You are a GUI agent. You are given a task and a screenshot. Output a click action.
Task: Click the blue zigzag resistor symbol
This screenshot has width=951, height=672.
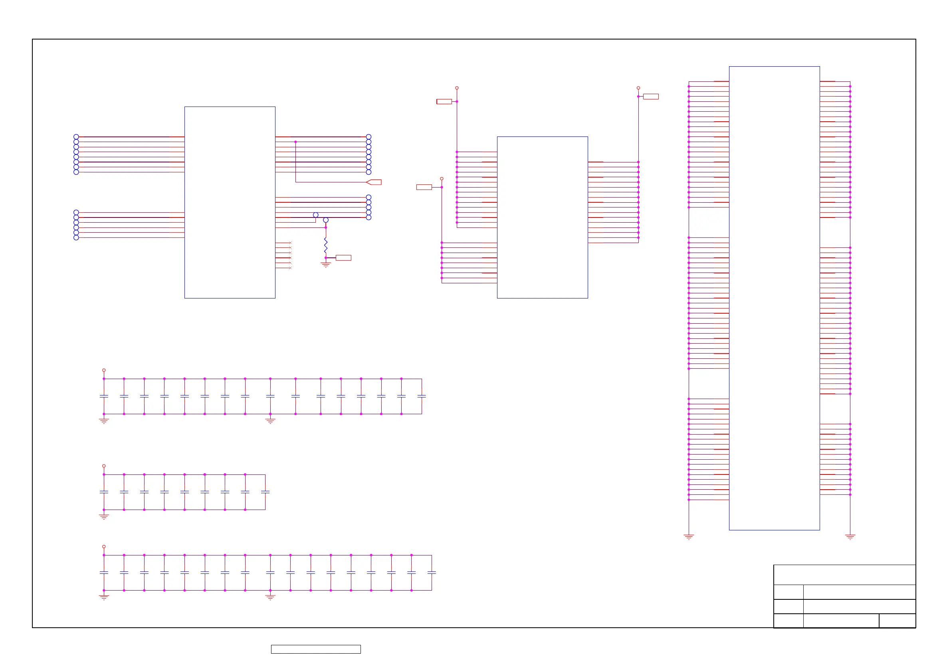coord(325,245)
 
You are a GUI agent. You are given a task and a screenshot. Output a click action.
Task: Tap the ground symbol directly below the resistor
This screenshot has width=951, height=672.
coord(325,265)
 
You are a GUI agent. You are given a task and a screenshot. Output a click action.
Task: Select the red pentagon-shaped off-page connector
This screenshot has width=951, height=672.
coord(374,182)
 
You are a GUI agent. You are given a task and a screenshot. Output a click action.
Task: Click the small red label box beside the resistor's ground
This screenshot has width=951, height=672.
coord(343,258)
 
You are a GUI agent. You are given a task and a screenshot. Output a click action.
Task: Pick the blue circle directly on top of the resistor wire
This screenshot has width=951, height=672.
coord(325,220)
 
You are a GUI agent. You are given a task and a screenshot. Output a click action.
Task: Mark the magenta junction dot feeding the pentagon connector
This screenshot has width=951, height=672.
coord(295,142)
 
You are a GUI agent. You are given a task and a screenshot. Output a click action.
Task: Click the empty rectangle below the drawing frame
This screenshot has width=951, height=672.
coord(316,649)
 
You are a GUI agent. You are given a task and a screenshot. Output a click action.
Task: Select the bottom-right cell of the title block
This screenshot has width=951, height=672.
coord(897,621)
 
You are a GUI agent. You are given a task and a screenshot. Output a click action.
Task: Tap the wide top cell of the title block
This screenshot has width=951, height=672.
coord(844,575)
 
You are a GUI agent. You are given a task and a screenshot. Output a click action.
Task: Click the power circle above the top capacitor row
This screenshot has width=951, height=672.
coord(104,370)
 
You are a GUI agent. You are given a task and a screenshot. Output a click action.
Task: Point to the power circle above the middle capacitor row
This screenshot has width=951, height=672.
coord(104,466)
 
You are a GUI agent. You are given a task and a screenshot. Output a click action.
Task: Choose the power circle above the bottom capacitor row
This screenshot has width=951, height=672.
coord(104,547)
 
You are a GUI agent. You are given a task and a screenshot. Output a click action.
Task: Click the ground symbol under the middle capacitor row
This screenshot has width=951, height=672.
coord(104,517)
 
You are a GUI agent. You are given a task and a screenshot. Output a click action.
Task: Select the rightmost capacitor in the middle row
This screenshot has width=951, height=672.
coord(265,492)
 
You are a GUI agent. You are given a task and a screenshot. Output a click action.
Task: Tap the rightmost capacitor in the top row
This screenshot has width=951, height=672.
coord(422,396)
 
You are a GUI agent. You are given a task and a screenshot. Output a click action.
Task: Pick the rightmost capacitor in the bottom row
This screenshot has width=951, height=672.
coord(432,573)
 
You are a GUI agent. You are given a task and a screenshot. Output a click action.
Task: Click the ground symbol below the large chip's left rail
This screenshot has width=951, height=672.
coord(689,537)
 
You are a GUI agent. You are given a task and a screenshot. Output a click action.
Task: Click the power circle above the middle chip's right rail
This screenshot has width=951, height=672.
coord(638,88)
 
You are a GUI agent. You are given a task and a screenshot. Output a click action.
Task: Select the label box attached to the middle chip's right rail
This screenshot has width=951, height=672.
coord(651,97)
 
